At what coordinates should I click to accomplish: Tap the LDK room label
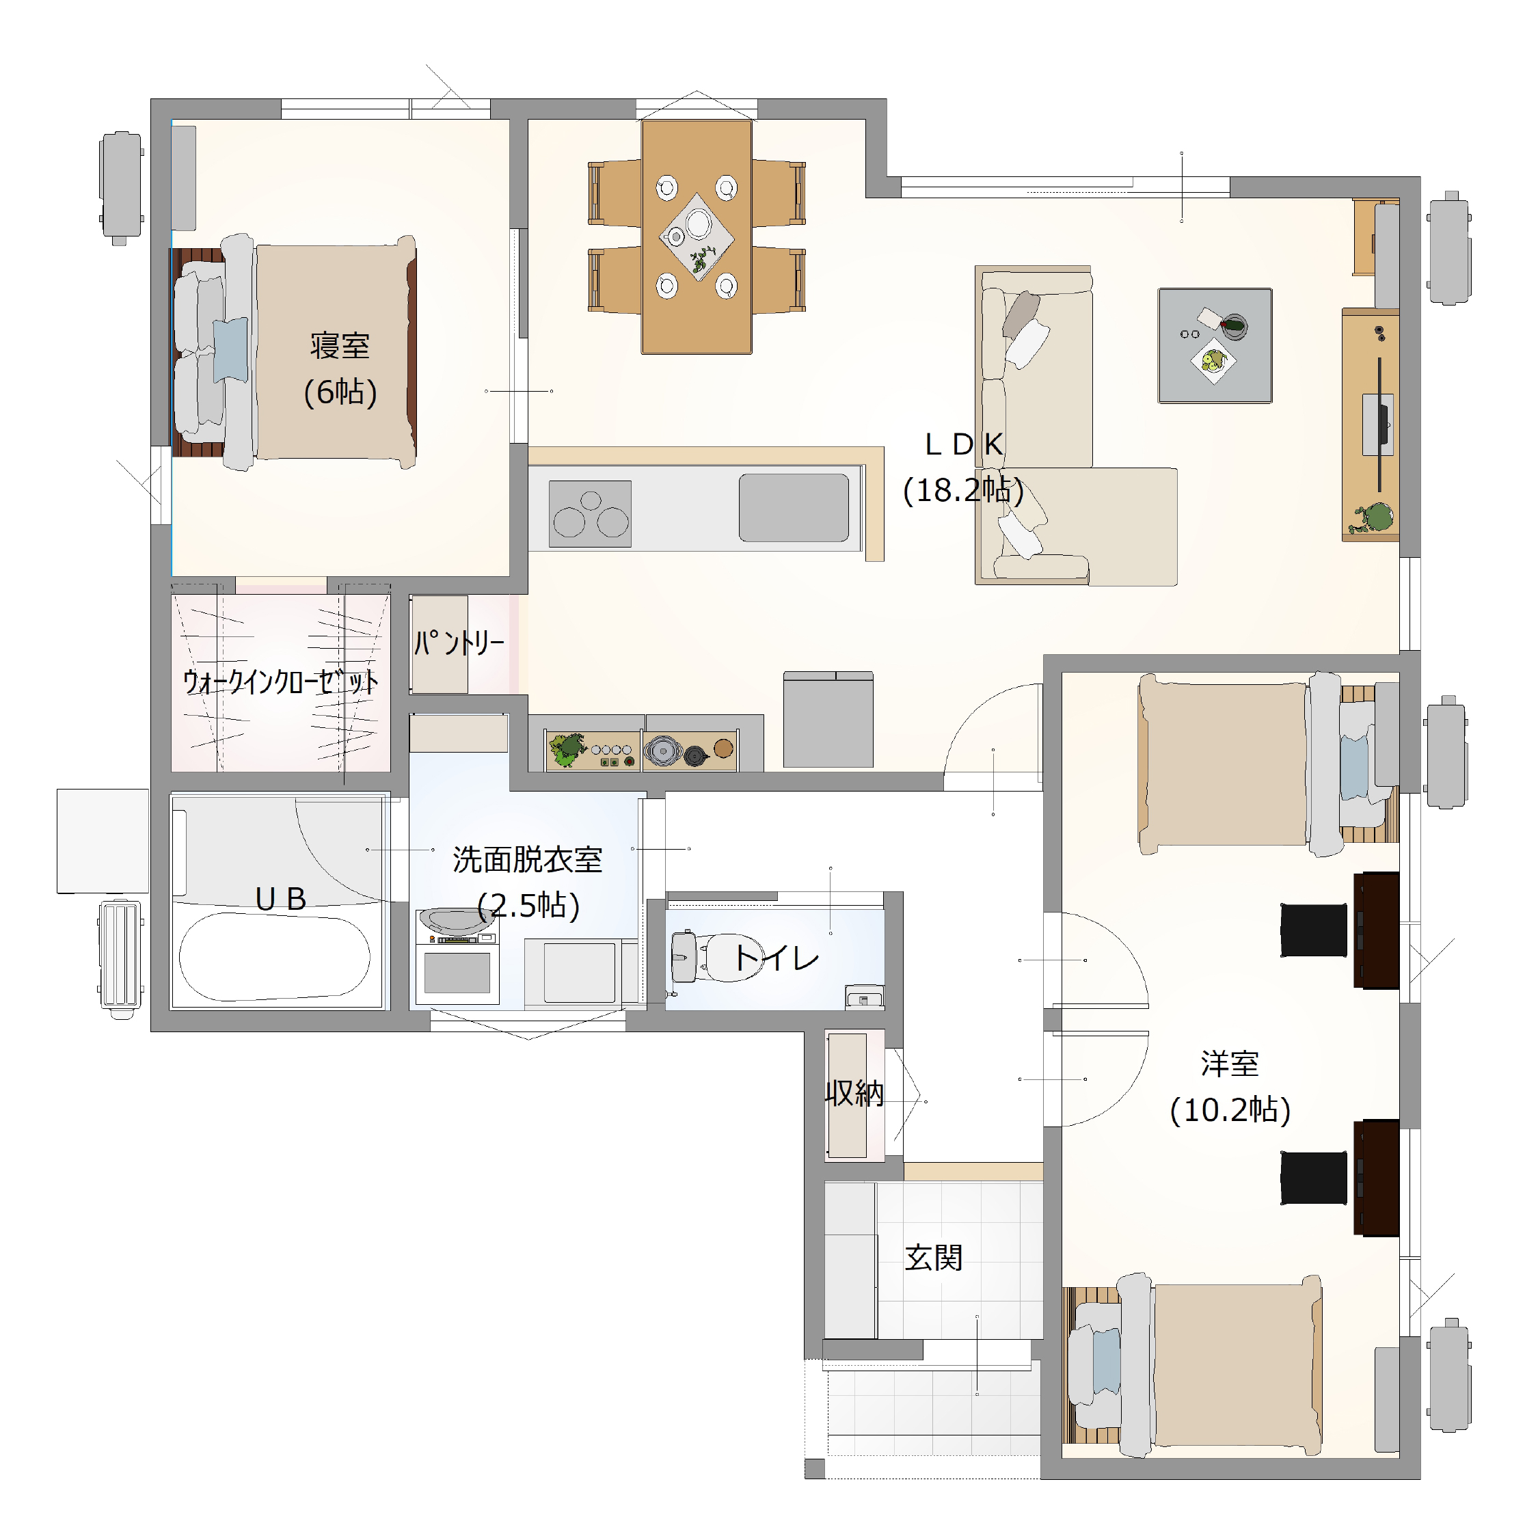(x=963, y=445)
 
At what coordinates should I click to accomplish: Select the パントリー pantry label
(x=459, y=643)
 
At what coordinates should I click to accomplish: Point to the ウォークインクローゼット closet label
(x=280, y=682)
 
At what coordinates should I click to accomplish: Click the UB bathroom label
(x=280, y=899)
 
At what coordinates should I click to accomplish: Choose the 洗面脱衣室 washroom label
(x=527, y=860)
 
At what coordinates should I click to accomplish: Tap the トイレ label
(x=776, y=957)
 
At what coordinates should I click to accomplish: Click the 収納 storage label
(x=854, y=1094)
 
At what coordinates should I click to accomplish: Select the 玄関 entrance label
(x=934, y=1258)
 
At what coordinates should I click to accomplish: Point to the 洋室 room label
(x=1230, y=1064)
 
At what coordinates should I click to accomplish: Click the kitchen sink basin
(x=794, y=508)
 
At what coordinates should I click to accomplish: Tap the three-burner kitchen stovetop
(x=590, y=513)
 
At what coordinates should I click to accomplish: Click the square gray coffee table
(x=1215, y=345)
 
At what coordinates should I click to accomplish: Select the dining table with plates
(x=697, y=237)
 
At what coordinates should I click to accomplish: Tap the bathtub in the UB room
(x=275, y=956)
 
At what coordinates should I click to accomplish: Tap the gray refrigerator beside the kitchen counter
(x=828, y=720)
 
